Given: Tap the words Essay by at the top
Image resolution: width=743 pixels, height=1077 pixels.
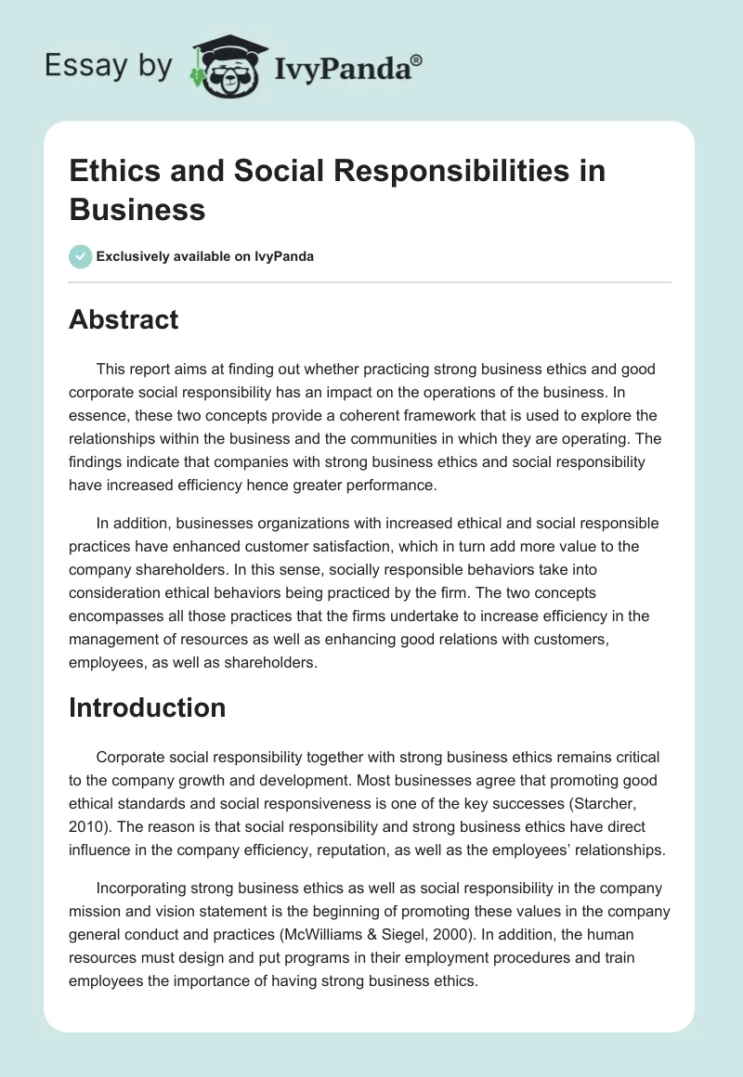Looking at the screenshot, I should (108, 66).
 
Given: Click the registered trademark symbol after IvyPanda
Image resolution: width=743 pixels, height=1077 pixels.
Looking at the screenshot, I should (417, 59).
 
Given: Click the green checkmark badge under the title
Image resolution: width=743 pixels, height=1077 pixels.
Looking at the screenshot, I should (81, 256).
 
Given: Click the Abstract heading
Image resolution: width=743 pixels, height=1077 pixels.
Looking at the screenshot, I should (124, 319).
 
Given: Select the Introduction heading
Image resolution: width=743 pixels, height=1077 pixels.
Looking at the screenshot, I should (148, 707).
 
